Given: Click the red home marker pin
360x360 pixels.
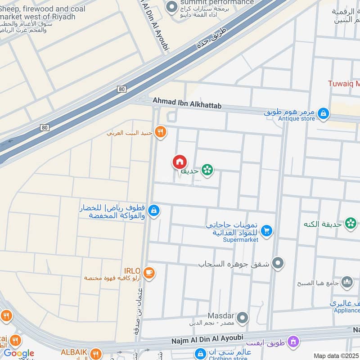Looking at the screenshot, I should pos(179,162).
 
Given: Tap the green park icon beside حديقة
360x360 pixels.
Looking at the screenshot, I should pos(207,170).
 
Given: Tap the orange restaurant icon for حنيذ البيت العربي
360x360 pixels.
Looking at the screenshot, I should pos(161,132).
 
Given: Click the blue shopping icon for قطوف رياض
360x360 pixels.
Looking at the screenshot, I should pos(154,210).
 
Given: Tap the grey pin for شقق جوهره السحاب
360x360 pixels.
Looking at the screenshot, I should pos(278,263).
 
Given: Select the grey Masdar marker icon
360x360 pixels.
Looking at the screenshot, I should pos(243,319).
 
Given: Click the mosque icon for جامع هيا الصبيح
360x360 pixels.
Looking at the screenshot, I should pos(347,283).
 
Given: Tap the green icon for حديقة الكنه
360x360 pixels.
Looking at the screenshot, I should pos(351,222).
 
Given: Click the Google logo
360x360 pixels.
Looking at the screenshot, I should pos(18,353).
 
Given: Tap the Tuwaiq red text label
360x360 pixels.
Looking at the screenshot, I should pos(343,84).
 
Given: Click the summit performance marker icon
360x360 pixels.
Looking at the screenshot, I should pos(171,7).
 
